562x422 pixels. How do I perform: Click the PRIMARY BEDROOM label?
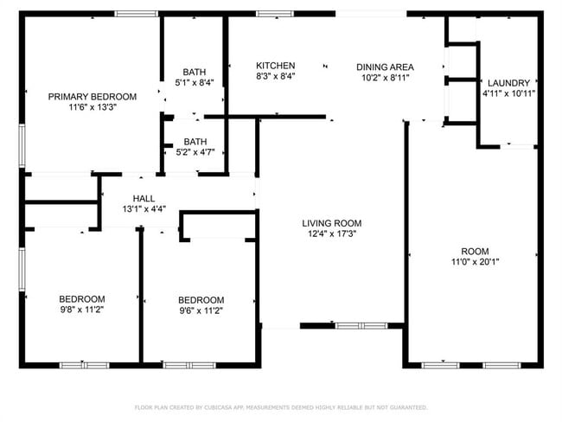click(x=93, y=97)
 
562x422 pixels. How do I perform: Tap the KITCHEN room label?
click(x=276, y=66)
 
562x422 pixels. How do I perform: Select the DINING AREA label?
click(x=385, y=67)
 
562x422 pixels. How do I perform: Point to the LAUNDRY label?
click(x=508, y=83)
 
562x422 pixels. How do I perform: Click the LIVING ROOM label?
click(x=331, y=223)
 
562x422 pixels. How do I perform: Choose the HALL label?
click(x=144, y=199)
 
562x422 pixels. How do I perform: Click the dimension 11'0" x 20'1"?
click(x=475, y=262)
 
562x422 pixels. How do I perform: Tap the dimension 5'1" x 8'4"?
click(x=195, y=82)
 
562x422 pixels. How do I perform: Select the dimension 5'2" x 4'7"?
click(x=195, y=152)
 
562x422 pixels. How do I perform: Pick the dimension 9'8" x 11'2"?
click(x=82, y=310)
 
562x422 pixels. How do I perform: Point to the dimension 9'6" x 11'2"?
click(x=201, y=310)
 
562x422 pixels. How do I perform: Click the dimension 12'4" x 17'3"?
click(x=332, y=233)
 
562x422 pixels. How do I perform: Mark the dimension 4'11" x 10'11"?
click(x=508, y=93)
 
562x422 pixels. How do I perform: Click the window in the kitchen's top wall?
click(x=275, y=14)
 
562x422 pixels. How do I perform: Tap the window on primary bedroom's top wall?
click(x=137, y=14)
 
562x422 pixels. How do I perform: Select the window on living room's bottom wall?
click(x=361, y=326)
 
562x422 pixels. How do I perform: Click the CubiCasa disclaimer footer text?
click(x=281, y=407)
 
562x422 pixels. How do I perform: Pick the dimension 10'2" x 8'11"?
click(x=386, y=78)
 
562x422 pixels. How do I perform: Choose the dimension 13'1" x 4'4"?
click(x=144, y=209)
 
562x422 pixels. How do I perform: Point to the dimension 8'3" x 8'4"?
click(x=276, y=76)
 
